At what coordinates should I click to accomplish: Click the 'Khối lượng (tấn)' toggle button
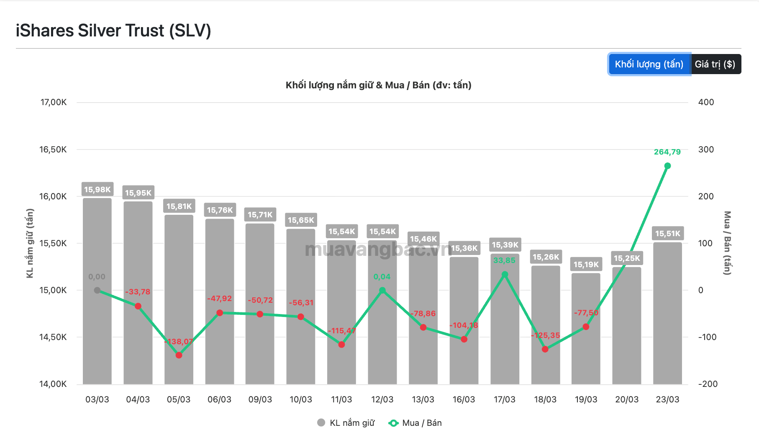click(649, 64)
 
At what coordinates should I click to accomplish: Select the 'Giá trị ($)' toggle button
click(715, 64)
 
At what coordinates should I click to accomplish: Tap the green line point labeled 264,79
click(667, 166)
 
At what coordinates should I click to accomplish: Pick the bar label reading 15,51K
click(668, 234)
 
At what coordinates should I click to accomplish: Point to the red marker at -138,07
click(179, 355)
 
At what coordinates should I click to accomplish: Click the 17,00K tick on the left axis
click(53, 102)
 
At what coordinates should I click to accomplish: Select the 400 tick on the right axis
click(706, 102)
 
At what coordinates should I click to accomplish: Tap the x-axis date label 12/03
click(382, 399)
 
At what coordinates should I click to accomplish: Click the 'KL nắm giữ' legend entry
click(346, 423)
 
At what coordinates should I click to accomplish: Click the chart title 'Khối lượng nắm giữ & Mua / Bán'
click(378, 85)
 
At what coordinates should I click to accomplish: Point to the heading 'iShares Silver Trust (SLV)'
click(113, 31)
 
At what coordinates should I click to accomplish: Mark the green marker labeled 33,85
click(505, 275)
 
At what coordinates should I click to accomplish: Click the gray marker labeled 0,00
click(97, 290)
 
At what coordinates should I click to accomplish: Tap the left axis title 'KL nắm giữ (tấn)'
click(30, 243)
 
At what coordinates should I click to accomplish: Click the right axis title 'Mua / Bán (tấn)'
click(727, 243)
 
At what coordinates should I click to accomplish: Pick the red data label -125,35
click(546, 335)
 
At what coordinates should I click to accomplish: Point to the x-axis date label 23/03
click(667, 399)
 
